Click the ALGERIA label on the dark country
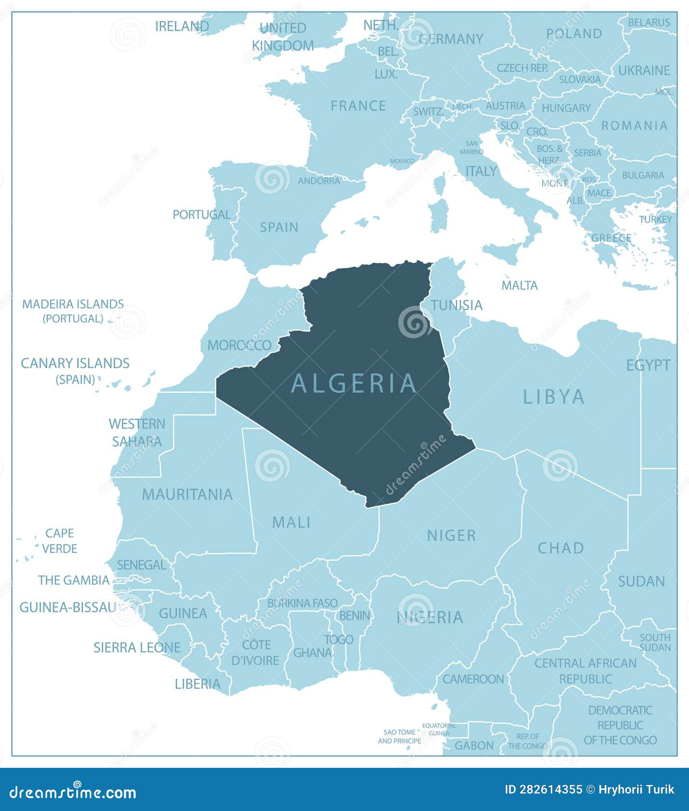click(x=354, y=383)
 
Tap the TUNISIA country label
click(x=456, y=305)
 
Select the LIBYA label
click(x=554, y=397)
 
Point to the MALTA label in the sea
click(x=519, y=285)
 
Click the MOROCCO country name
click(x=239, y=345)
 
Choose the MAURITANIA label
click(x=187, y=494)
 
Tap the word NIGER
click(x=451, y=535)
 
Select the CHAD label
click(x=560, y=548)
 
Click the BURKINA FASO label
click(x=302, y=603)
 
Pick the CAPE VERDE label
click(x=59, y=540)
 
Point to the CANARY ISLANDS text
click(x=75, y=363)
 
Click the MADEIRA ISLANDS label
click(x=73, y=304)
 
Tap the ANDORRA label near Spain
click(x=319, y=181)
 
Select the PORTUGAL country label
click(x=202, y=215)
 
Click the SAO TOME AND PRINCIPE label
click(x=399, y=736)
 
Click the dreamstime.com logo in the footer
click(x=73, y=792)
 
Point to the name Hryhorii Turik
click(x=636, y=789)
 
